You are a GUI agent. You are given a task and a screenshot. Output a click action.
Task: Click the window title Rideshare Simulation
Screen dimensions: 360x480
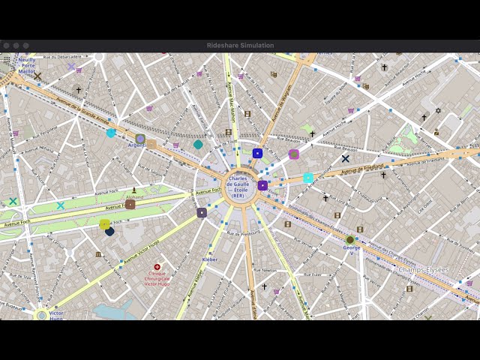tap(240, 46)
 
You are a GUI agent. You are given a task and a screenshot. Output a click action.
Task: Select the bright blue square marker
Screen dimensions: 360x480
tap(257, 153)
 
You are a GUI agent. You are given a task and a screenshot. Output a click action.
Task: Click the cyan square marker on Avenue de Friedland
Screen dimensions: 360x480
tap(308, 178)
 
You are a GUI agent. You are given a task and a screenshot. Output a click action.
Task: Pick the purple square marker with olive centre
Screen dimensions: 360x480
tap(294, 154)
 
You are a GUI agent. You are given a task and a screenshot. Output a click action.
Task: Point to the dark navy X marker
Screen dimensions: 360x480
tap(345, 158)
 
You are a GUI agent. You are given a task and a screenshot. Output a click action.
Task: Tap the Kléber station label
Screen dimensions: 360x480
tap(210, 259)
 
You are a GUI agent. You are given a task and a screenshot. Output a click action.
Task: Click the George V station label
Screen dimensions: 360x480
tap(349, 250)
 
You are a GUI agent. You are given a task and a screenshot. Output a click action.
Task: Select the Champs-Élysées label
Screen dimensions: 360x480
tap(423, 270)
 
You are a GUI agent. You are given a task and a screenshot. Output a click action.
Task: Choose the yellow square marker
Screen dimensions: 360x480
tap(105, 223)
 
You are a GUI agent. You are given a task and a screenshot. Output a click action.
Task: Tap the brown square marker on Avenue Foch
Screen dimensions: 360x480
tap(130, 204)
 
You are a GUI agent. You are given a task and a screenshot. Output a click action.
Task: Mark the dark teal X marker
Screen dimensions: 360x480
tap(13, 201)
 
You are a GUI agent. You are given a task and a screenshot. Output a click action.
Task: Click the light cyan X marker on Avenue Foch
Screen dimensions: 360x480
tap(60, 205)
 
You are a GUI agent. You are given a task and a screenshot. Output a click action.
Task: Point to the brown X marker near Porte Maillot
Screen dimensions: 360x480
tap(37, 76)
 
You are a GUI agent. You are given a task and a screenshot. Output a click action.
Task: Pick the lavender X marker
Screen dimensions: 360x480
tap(71, 67)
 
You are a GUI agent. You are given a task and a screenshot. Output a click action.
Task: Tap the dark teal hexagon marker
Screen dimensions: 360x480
tap(198, 145)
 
